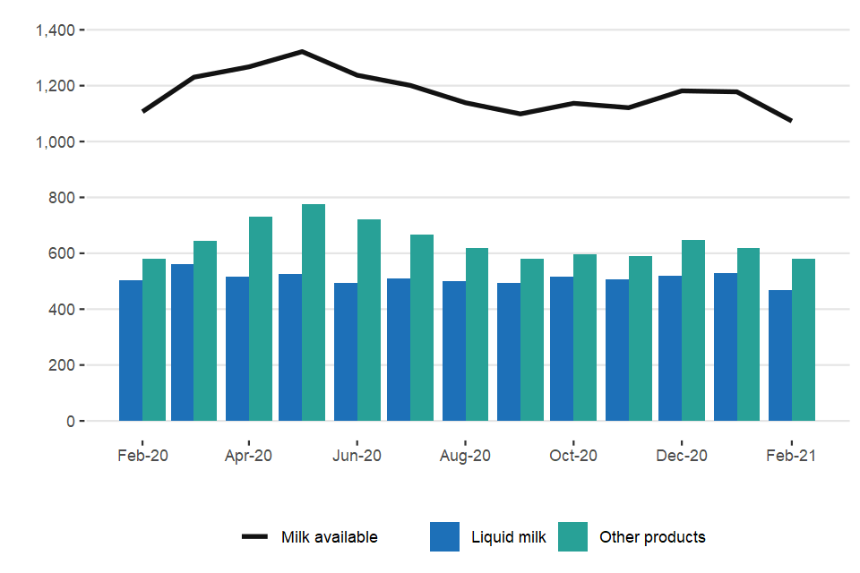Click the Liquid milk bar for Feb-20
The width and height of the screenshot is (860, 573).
pos(131,350)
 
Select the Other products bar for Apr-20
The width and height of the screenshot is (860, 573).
pos(261,319)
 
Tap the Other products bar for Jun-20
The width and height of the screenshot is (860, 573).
pos(369,320)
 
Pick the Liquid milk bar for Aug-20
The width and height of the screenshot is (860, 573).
pos(454,351)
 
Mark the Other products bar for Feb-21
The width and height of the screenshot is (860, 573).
pos(804,340)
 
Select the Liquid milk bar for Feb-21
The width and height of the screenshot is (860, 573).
pos(780,355)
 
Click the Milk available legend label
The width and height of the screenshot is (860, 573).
pos(330,537)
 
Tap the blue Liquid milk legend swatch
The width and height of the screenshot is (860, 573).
pos(444,537)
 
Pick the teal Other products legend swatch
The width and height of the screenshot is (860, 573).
pos(572,537)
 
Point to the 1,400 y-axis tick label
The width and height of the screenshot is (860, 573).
pos(54,30)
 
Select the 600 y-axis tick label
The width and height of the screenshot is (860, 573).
pos(61,253)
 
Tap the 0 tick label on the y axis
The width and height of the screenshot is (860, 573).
pos(70,421)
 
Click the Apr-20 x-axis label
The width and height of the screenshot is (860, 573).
pos(248,455)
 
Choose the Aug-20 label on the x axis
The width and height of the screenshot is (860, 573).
pos(465,455)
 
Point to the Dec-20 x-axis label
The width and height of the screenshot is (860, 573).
pos(682,455)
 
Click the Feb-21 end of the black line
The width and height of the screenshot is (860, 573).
pos(791,120)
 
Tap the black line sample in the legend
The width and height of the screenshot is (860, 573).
pos(255,537)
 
